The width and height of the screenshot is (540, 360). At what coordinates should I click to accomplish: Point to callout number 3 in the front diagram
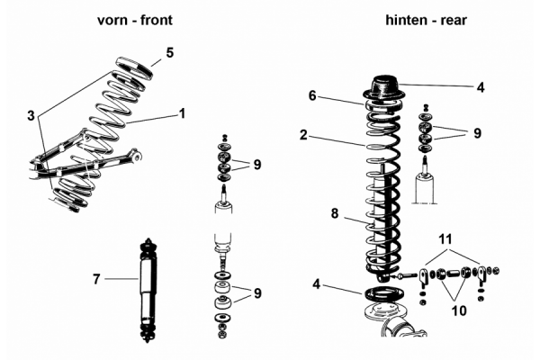coord(31,116)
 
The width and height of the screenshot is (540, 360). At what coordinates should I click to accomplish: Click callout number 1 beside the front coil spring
coord(182,113)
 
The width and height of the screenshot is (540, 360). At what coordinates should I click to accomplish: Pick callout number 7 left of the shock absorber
coord(96,279)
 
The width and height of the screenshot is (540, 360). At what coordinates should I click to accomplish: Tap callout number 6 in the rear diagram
coord(312,95)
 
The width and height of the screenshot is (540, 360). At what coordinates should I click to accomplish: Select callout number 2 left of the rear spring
coord(304,136)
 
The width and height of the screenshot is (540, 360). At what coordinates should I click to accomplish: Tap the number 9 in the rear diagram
coord(477,132)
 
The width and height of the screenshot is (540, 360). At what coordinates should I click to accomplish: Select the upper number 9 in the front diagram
coord(256,165)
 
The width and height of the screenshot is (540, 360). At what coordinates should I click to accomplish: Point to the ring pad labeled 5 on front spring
coord(135,67)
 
